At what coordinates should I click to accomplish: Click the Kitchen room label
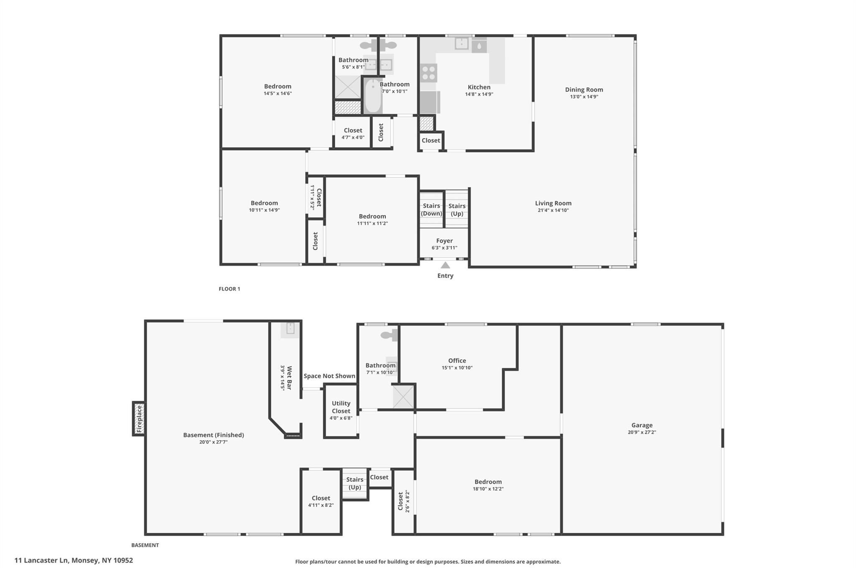[x=479, y=87]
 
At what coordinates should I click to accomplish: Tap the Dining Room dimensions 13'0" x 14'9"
[x=584, y=97]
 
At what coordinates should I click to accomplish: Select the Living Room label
[x=553, y=203]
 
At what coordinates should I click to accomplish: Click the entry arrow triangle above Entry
[x=445, y=265]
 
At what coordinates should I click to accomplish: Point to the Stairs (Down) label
[x=431, y=210]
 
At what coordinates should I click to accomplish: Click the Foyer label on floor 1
[x=444, y=241]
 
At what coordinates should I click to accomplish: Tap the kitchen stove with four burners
[x=428, y=73]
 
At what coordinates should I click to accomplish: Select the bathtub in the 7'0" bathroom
[x=372, y=96]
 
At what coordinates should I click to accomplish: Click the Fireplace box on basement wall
[x=139, y=418]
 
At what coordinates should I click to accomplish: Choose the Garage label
[x=642, y=426]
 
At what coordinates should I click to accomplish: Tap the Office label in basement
[x=457, y=361]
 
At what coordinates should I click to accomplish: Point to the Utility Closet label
[x=341, y=407]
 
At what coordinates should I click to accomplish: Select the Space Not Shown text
[x=329, y=376]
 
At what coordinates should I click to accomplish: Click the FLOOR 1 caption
[x=229, y=289]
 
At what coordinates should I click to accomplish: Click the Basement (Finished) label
[x=213, y=435]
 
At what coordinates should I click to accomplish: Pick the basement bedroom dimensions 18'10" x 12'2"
[x=488, y=489]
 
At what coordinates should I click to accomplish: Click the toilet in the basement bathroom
[x=389, y=335]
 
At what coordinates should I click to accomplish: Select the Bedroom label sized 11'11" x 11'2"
[x=372, y=216]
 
